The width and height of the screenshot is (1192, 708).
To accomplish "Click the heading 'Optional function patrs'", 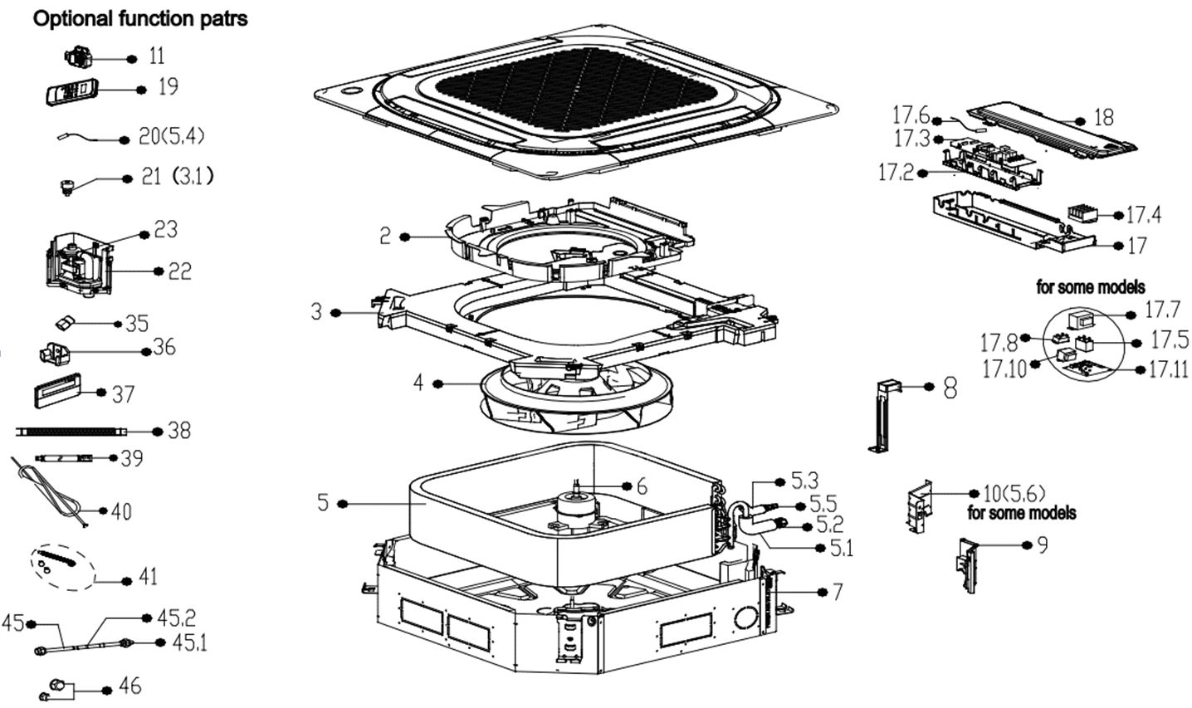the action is click(140, 19).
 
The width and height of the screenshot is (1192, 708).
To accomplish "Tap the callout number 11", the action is click(156, 56).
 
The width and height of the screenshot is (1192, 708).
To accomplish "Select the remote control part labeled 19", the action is click(71, 91).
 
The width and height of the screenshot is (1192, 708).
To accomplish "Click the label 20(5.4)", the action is click(171, 137).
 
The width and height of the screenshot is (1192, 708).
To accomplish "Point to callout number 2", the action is click(385, 236).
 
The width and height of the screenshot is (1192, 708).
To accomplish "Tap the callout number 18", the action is click(1104, 118).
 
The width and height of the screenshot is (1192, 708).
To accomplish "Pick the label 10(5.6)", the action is click(1014, 494).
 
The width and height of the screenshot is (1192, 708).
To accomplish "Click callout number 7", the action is click(837, 592).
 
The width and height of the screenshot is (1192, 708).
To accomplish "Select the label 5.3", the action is click(804, 481).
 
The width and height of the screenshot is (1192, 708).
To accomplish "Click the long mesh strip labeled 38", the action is click(72, 432).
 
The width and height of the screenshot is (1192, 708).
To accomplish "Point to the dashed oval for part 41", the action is click(63, 567).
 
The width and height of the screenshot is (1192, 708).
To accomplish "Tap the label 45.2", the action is click(177, 618).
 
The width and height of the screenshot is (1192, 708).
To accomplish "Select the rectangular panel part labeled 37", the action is click(58, 390).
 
